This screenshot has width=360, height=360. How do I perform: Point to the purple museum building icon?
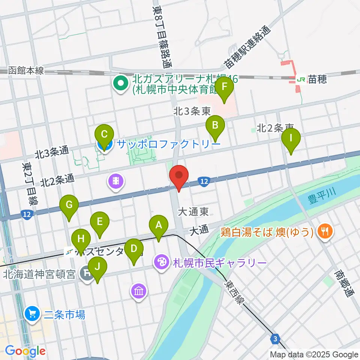pos(139,291)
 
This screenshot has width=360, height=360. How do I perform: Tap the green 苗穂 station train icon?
pos(300,79)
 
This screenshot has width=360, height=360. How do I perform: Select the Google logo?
pos(25,351)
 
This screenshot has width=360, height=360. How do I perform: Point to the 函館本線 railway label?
pos(25,70)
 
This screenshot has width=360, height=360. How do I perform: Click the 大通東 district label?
pos(193,212)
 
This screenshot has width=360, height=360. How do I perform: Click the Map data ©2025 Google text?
pos(314,354)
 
